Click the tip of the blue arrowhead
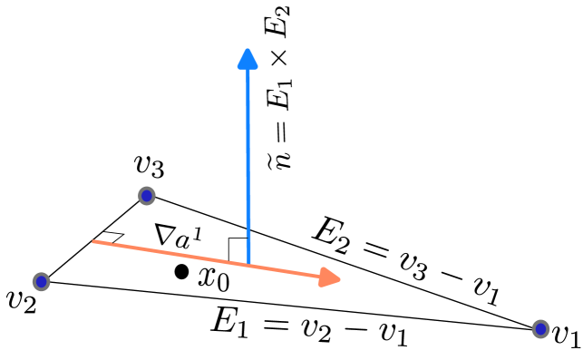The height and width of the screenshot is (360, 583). click(x=248, y=48)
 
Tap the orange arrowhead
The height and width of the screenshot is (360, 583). click(x=330, y=277)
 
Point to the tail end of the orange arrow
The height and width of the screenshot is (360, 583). click(x=93, y=241)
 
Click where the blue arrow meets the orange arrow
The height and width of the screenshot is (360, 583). click(x=248, y=265)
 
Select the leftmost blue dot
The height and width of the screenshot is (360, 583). click(x=41, y=281)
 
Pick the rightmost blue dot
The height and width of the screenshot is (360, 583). click(x=540, y=329)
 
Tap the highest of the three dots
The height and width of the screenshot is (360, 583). click(x=147, y=195)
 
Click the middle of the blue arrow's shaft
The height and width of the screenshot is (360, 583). click(x=248, y=163)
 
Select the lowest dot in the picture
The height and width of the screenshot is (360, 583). click(x=540, y=329)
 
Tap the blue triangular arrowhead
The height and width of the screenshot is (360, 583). click(x=248, y=59)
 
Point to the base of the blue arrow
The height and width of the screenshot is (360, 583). click(x=248, y=264)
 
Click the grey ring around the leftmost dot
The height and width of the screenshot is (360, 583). click(x=34, y=281)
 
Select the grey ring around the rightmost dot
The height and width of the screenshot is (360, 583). click(x=548, y=329)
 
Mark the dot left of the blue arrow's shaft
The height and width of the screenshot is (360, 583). click(x=147, y=195)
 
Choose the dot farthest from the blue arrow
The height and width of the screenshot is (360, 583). click(x=540, y=329)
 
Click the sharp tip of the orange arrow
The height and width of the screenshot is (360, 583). click(x=341, y=279)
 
